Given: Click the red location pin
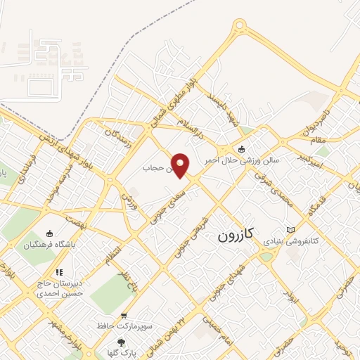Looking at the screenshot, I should (x=181, y=165).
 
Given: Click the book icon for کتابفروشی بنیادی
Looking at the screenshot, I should (x=291, y=230).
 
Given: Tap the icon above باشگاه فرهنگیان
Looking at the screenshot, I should (x=49, y=234).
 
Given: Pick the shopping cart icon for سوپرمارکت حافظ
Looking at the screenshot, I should (x=124, y=316).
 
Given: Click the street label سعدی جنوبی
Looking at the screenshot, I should (x=165, y=207).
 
